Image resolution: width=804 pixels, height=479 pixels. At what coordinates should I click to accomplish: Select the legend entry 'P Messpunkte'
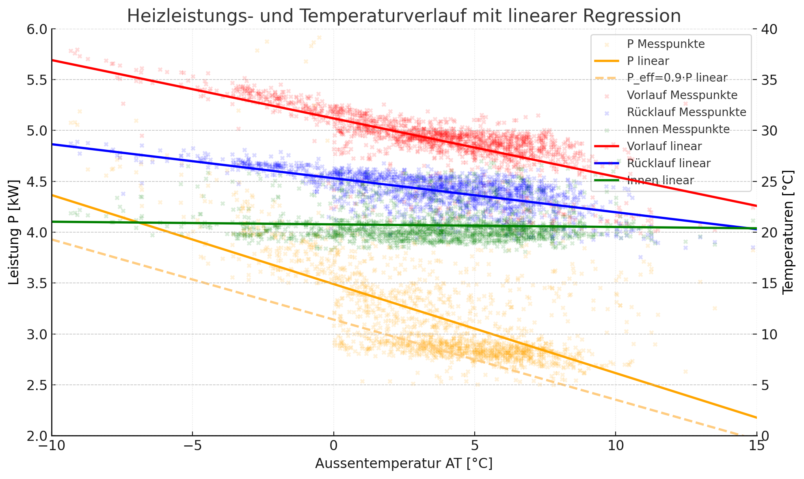[666, 44]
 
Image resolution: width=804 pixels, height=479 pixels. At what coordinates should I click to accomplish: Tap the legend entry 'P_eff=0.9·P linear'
[677, 78]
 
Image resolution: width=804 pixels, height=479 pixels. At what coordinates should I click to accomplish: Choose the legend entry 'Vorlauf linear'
[664, 146]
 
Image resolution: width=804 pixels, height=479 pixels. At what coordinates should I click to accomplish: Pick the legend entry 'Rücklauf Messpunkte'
[686, 112]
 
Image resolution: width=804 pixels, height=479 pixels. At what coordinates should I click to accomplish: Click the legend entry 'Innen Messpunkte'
[678, 129]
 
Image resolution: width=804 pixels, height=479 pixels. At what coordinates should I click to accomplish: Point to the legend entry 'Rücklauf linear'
[668, 164]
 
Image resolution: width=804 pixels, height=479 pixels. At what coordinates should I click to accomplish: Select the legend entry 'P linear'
[648, 61]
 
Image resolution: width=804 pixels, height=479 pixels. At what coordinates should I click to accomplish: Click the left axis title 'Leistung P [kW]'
[14, 232]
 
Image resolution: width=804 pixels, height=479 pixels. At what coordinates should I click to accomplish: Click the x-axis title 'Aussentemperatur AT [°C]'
[404, 463]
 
